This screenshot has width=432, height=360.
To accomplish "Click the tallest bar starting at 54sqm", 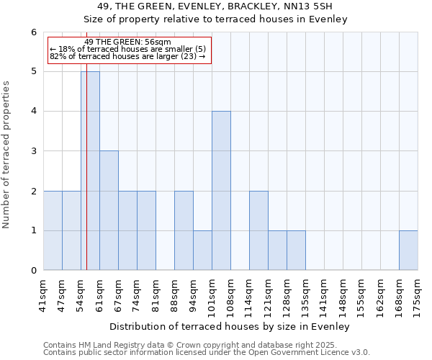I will coord(90,171).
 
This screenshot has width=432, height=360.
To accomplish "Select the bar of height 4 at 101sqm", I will coord(221,191).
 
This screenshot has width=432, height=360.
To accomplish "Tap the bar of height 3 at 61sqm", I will coord(109,210).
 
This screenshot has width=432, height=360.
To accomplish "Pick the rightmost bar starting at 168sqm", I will coord(408,251).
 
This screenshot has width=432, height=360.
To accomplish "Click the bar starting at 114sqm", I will coord(258,230).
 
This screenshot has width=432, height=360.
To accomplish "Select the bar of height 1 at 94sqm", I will coord(202,251).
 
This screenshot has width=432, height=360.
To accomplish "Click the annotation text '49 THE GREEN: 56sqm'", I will coord(127,42).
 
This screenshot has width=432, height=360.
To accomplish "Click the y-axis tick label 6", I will coord(33,32).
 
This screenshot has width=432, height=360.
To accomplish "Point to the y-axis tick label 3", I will coord(33,151).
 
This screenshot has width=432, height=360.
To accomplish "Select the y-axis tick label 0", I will coord(33,271).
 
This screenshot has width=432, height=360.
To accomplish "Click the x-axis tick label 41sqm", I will coord(43,293).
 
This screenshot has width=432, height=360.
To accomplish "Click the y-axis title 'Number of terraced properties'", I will coord(7,155).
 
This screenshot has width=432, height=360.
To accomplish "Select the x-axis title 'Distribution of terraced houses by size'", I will coord(230,327).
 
